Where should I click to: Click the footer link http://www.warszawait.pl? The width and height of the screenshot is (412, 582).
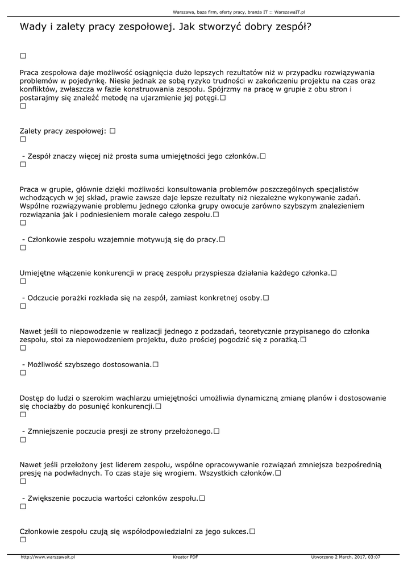(48, 557)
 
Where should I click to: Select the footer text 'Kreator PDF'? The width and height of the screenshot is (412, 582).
(185, 557)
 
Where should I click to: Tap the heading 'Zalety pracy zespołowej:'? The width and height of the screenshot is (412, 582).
(63, 131)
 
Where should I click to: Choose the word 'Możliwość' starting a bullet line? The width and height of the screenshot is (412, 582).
(47, 364)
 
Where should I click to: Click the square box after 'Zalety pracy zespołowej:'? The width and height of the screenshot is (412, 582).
(113, 131)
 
